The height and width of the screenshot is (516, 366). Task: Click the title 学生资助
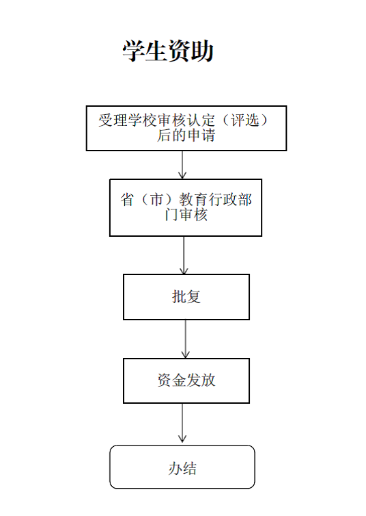(168, 51)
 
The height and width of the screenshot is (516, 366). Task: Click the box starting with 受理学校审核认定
(186, 129)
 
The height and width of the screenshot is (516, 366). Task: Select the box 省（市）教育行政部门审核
(186, 207)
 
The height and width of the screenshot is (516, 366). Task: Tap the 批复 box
(186, 297)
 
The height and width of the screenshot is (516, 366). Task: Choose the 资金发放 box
(186, 380)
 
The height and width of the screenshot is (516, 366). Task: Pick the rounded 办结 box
(182, 467)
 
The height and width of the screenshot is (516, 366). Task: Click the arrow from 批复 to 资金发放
(186, 339)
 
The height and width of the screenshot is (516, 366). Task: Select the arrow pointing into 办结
(182, 423)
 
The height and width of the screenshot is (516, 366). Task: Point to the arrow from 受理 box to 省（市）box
(182, 165)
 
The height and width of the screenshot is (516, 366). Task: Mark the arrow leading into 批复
(184, 255)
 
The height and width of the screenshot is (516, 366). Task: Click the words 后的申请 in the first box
(186, 136)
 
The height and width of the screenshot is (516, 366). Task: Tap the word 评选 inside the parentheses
(245, 120)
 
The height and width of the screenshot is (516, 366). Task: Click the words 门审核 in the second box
(186, 215)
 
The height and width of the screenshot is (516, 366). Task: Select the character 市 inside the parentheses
(156, 199)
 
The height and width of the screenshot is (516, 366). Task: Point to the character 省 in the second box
(128, 199)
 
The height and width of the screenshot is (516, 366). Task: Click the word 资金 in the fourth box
(171, 380)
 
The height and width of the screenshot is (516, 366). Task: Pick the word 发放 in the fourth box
(201, 380)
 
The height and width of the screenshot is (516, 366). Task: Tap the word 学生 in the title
(145, 51)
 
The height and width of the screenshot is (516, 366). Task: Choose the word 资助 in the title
(191, 51)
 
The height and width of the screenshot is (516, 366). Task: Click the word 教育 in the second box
(193, 199)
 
